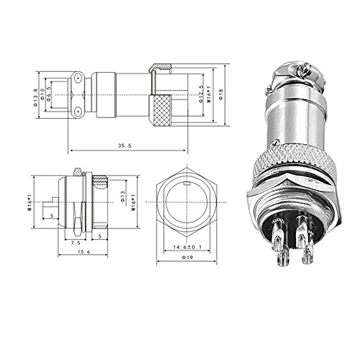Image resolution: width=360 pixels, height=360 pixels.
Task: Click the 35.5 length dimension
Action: [127, 145]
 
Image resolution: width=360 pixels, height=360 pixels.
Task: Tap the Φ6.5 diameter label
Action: [50, 94]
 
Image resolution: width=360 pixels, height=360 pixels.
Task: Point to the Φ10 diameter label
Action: [42, 94]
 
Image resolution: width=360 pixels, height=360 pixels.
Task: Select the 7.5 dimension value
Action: [75, 243]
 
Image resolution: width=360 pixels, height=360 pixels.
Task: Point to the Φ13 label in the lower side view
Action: [122, 197]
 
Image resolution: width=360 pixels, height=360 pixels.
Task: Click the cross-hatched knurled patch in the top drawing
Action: [161, 111]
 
